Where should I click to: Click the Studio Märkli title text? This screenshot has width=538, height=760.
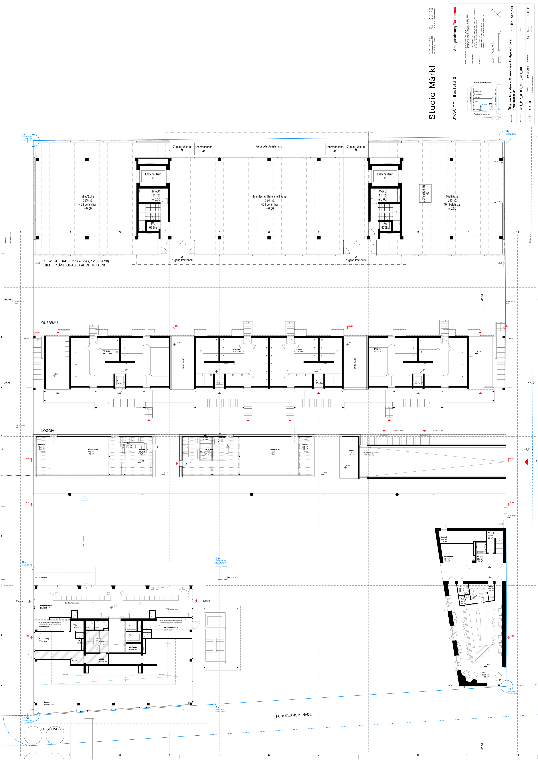[x=432, y=91]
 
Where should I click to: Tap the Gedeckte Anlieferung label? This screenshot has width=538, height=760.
[x=269, y=146]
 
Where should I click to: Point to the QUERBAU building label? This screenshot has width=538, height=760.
[x=49, y=323]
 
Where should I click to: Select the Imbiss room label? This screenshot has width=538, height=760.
[x=351, y=450]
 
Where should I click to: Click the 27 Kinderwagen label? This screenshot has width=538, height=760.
[x=172, y=609]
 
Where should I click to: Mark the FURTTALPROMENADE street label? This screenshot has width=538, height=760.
[x=293, y=716]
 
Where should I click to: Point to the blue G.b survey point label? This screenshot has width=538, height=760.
[x=217, y=559]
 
